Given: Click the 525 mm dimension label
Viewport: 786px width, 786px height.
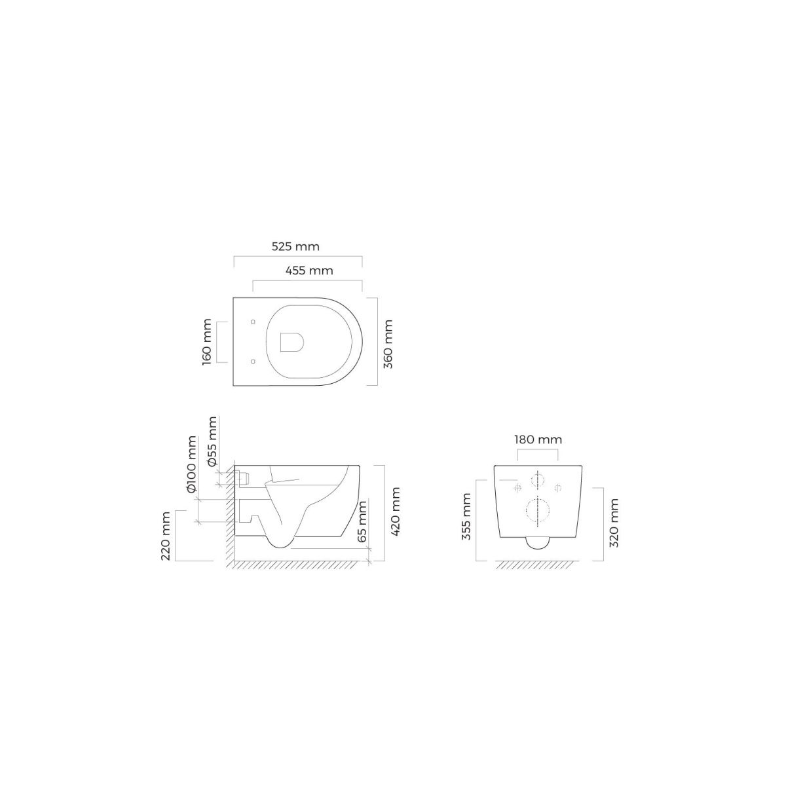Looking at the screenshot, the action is click(295, 246).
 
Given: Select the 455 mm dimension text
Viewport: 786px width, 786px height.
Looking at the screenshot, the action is click(309, 271).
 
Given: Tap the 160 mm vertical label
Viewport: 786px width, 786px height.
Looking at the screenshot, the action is click(207, 342).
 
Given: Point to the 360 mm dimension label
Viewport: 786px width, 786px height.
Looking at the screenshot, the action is click(388, 345).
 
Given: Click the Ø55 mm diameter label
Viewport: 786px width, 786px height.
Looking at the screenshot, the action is click(212, 441).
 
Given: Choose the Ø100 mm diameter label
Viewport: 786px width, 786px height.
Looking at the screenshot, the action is click(192, 464).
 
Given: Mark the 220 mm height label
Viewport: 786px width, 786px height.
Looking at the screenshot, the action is click(166, 536).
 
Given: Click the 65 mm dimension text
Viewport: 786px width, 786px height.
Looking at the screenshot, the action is click(362, 521).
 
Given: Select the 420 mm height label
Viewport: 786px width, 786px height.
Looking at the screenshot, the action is click(395, 512).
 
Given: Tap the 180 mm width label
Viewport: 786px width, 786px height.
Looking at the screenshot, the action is click(538, 440).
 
